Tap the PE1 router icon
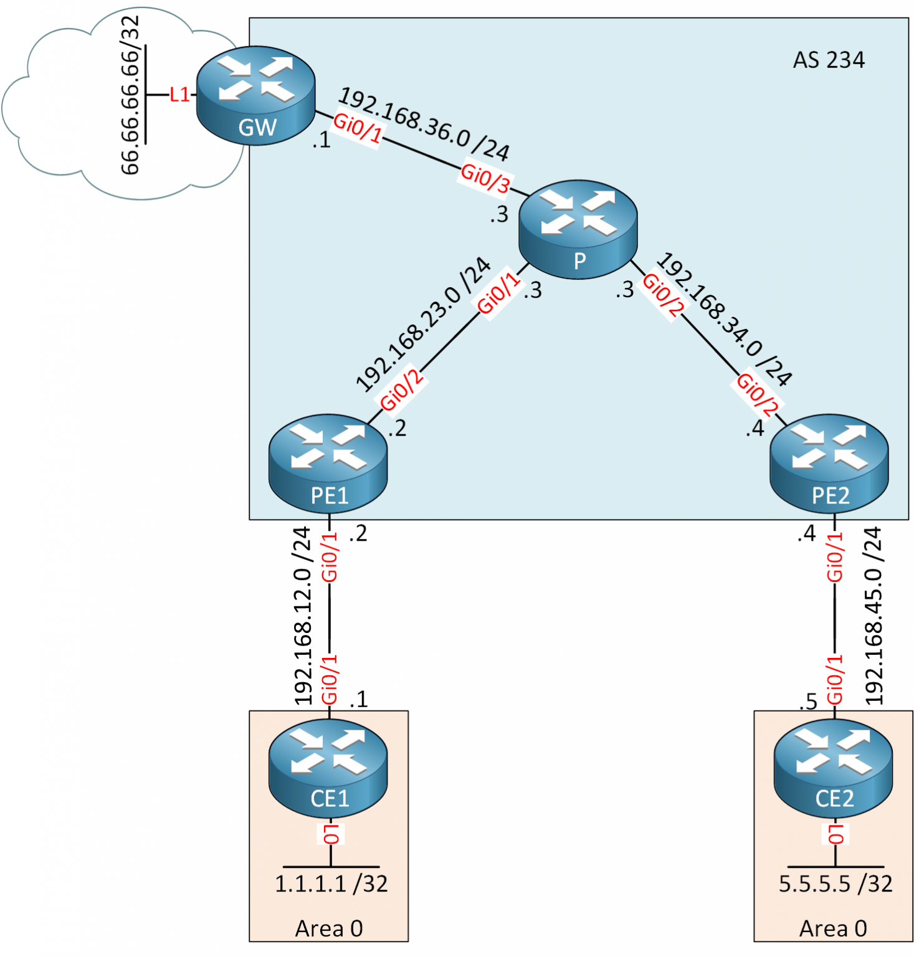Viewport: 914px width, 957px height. (328, 464)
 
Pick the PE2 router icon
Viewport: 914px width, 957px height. (829, 464)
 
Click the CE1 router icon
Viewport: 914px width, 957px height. (328, 766)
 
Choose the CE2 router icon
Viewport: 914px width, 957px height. (833, 766)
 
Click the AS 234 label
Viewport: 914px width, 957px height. (828, 60)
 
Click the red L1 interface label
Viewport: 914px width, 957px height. (179, 95)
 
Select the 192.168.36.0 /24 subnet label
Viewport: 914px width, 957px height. (424, 123)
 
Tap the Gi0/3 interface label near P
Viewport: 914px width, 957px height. (485, 177)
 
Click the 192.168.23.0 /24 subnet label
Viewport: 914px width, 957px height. (423, 325)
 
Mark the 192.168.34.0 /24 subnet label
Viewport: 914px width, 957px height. (725, 318)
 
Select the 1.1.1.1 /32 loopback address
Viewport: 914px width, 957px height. (331, 883)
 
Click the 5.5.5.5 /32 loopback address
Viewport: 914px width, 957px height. (835, 883)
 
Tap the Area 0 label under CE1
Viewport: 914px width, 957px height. (329, 928)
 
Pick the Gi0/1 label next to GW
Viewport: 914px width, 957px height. (358, 127)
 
